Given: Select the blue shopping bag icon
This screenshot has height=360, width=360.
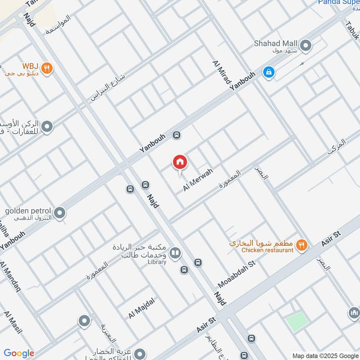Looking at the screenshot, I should [269, 72].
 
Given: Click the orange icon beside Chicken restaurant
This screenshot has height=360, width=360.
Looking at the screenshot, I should [301, 245].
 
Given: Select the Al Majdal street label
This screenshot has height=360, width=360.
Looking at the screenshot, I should [141, 309].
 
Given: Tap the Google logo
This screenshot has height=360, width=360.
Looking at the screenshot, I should [18, 353].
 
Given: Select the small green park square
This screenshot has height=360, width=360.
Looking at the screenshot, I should [297, 321].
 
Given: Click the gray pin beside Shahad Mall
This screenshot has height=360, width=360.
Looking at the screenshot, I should [306, 45].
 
